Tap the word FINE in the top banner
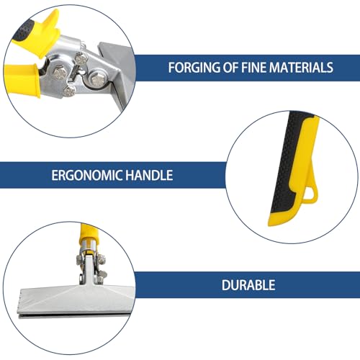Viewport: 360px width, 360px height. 253,68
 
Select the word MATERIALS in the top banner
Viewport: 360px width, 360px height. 301,68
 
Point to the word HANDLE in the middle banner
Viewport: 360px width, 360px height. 149,175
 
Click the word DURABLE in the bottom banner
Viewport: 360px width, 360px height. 248,285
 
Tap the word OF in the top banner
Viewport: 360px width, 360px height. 231,68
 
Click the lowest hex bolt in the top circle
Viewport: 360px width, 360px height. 70,91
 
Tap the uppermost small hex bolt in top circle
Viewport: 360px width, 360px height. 81,58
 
